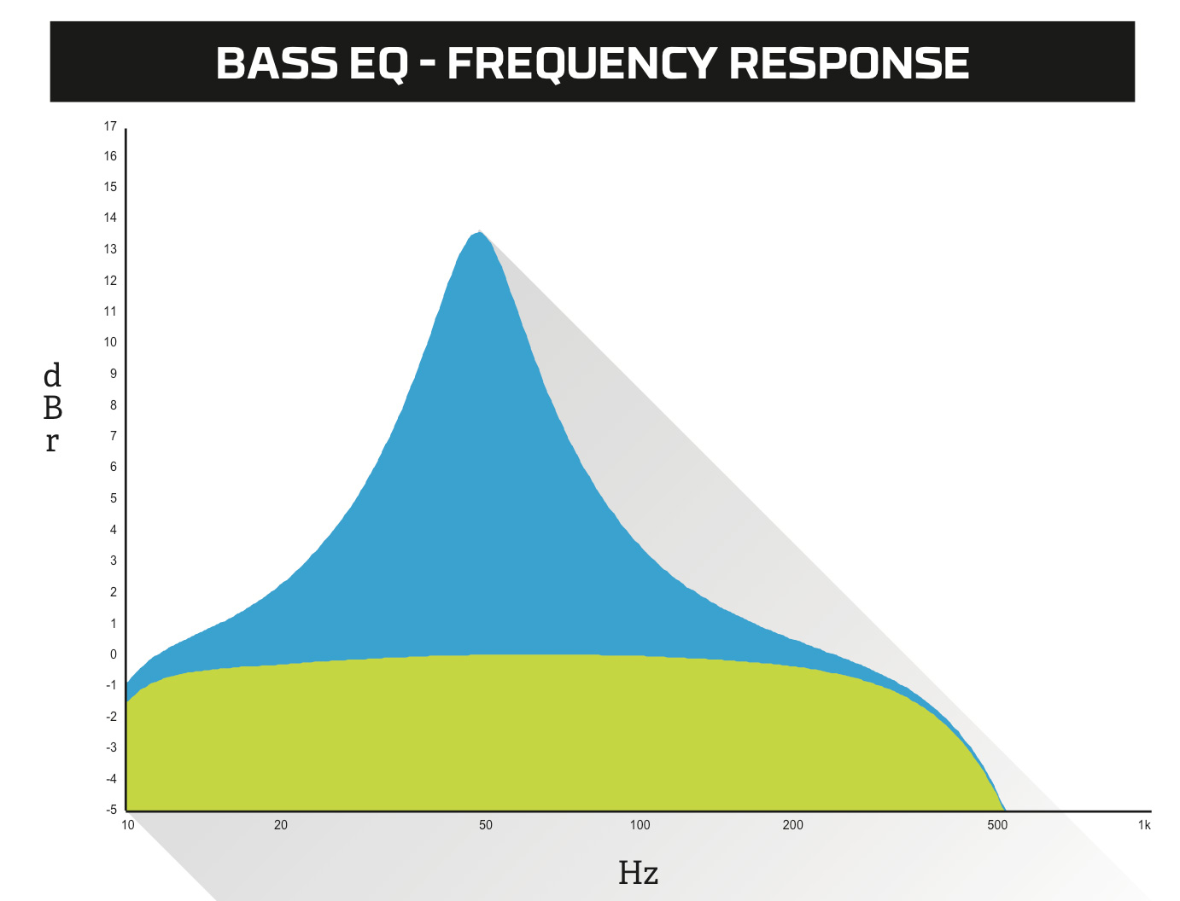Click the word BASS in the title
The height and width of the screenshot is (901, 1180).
pyautogui.click(x=277, y=63)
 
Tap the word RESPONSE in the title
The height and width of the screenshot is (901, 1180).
pyautogui.click(x=849, y=63)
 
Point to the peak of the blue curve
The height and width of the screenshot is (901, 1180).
pyautogui.click(x=479, y=232)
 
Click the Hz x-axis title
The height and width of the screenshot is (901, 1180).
pyautogui.click(x=638, y=873)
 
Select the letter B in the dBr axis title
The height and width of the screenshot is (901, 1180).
pyautogui.click(x=53, y=408)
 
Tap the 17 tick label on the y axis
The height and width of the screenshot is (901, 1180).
pyautogui.click(x=110, y=126)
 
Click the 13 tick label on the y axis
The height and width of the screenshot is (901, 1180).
pyautogui.click(x=110, y=249)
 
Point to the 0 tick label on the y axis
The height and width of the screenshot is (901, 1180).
pyautogui.click(x=114, y=654)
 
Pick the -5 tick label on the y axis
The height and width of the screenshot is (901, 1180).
pyautogui.click(x=111, y=809)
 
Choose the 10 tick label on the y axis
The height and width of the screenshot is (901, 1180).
pyautogui.click(x=110, y=342)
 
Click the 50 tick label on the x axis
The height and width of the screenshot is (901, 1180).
pyautogui.click(x=486, y=825)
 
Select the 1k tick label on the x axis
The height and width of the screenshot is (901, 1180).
pyautogui.click(x=1144, y=825)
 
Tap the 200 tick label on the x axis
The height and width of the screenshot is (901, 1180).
pyautogui.click(x=793, y=825)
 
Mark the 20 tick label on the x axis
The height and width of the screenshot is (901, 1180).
pyautogui.click(x=281, y=825)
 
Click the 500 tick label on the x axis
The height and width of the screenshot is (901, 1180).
pyautogui.click(x=997, y=825)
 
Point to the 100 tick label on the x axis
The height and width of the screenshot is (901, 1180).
pyautogui.click(x=640, y=825)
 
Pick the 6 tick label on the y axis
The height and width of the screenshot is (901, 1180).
pyautogui.click(x=114, y=467)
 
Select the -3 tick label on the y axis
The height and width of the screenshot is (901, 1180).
pyautogui.click(x=111, y=747)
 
